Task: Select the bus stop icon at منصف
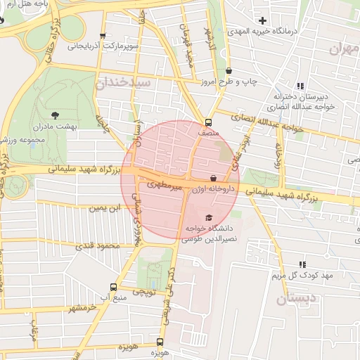click(x=207, y=122)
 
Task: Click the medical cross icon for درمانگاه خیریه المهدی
click(x=263, y=21)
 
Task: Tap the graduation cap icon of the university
click(x=207, y=217)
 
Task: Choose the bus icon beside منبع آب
click(x=114, y=288)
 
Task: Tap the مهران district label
click(x=344, y=48)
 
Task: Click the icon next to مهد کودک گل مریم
click(x=301, y=264)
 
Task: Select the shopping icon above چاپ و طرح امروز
click(x=229, y=71)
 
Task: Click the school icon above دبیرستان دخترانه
click(x=301, y=86)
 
